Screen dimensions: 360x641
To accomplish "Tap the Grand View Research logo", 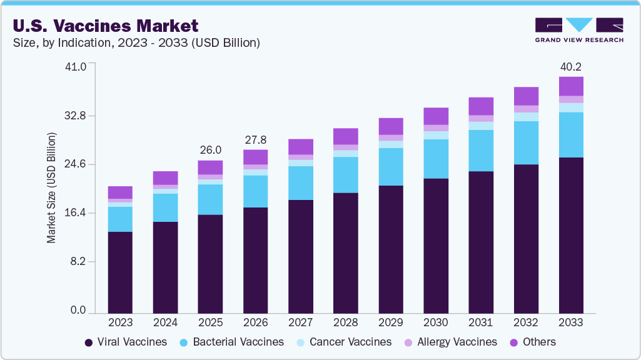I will (579, 30).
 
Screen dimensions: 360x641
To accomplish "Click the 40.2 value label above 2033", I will (571, 67).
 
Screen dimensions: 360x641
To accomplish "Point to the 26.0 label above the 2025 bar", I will (210, 150).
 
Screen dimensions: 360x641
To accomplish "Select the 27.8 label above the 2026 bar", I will (255, 139).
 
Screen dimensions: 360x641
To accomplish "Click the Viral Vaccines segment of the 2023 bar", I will (120, 272).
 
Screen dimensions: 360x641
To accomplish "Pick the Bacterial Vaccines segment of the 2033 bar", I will (571, 135).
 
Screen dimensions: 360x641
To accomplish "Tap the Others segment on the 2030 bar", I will (436, 116).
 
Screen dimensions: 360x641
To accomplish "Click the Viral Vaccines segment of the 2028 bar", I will (346, 252).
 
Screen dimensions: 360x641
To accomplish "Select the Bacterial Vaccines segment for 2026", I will (255, 191).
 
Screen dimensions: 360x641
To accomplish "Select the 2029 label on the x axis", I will (391, 322).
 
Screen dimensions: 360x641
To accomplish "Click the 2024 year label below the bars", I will (165, 322).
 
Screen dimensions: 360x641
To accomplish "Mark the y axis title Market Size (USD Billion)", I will (52, 187).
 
